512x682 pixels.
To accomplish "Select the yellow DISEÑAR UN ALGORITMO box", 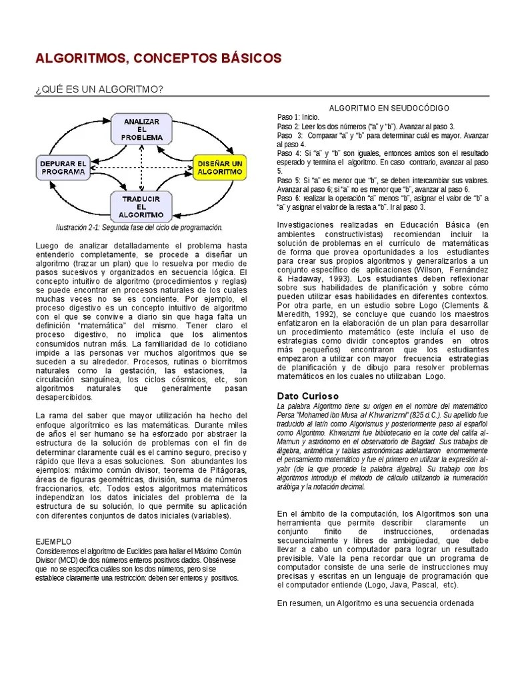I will coord(219,167).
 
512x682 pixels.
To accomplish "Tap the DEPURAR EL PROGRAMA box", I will coord(63,167).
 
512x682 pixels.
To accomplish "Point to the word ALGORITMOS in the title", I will coord(81,59).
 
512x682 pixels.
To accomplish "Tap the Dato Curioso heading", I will coord(308,396).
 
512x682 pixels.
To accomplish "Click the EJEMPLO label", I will coord(53,542).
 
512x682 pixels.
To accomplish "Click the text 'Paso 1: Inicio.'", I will coord(299,117).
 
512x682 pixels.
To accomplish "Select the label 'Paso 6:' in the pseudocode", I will coord(289,198).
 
